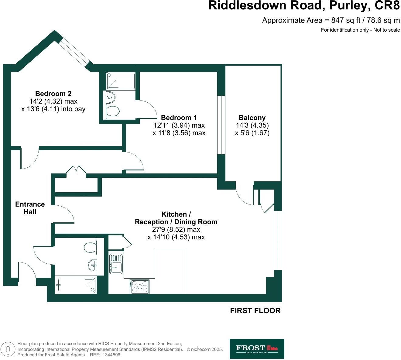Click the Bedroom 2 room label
53,94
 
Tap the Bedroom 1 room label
179,118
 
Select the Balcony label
252,118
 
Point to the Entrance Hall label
30,208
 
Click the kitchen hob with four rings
140,286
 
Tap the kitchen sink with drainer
116,263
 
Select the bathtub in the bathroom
76,285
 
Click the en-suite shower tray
121,81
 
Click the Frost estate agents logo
257,349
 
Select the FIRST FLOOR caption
255,310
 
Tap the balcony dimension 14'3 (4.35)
252,125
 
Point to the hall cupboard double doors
76,170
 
